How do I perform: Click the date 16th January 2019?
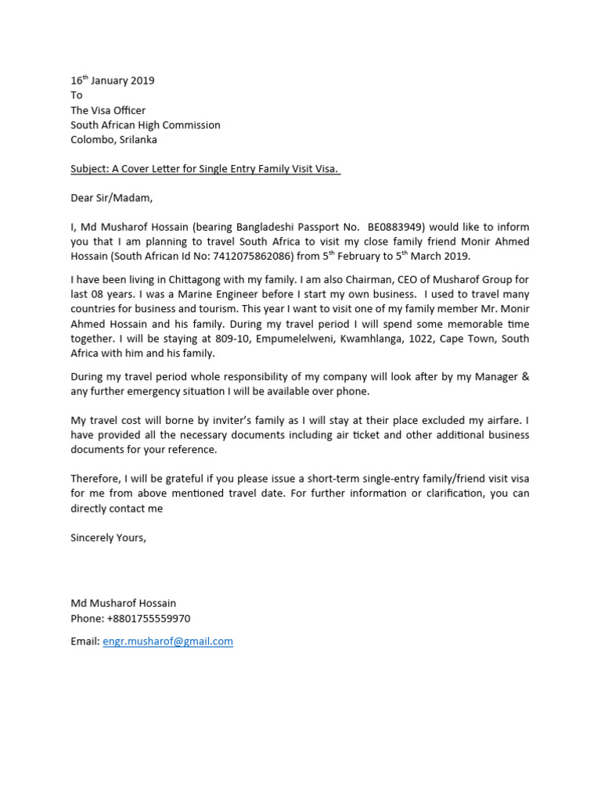coord(113,81)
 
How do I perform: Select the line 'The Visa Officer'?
coord(108,110)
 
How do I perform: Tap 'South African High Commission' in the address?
coord(146,125)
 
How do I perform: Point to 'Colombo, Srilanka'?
coord(113,140)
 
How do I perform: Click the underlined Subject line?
coord(206,170)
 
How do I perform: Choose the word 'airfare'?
coord(506,420)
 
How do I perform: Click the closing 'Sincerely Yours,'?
coord(108,538)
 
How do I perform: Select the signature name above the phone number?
coord(124,603)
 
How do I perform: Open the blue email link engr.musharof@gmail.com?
coord(167,641)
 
